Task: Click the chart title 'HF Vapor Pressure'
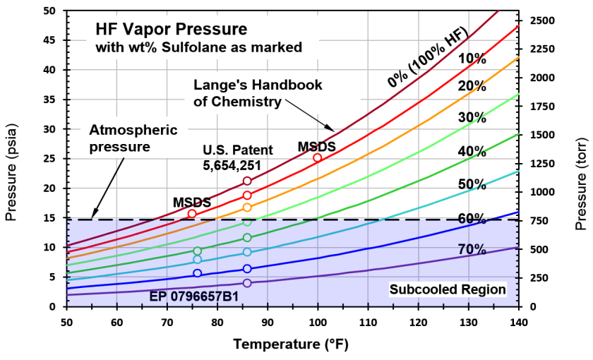pos(172,30)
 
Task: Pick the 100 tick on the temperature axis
pos(318,322)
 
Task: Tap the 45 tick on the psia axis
pos(49,40)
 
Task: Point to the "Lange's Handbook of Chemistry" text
pos(258,93)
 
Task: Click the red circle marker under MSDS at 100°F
pos(318,158)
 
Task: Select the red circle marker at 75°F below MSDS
pos(192,213)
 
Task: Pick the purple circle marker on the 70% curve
pos(247,283)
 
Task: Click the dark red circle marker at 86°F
pos(247,181)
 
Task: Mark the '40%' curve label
pos(472,151)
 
